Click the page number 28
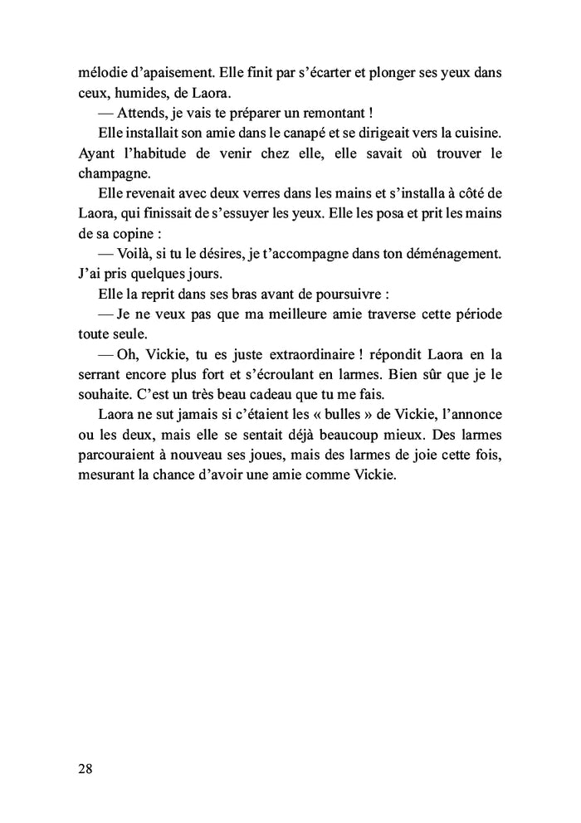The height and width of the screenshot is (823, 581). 85,767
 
